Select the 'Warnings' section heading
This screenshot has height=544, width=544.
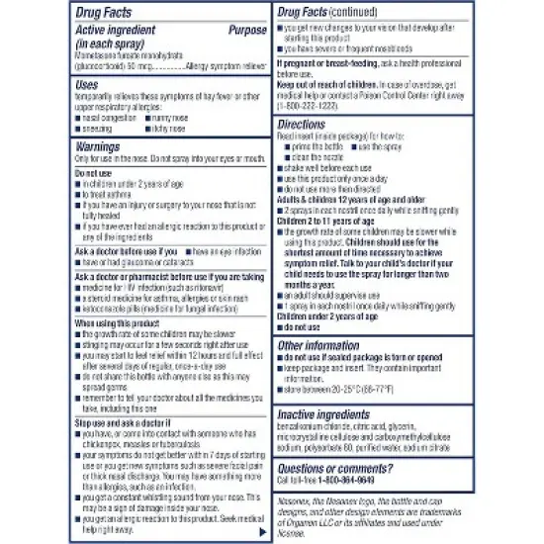tap(97, 146)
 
